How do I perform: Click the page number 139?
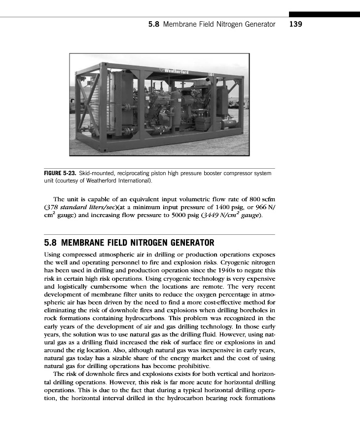295,24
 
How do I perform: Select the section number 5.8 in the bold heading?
51,243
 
